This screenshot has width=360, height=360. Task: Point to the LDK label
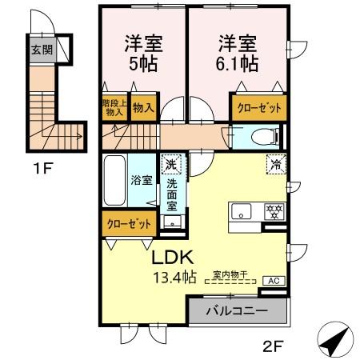tap(171, 259)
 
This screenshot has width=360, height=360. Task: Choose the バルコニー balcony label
tap(237, 310)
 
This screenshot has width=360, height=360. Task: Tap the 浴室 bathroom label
tap(142, 180)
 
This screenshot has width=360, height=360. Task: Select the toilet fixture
tap(262, 137)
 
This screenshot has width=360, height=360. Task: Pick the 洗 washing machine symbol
tap(170, 166)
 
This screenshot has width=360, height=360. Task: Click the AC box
tap(272, 281)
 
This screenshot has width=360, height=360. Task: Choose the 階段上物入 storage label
tap(114, 107)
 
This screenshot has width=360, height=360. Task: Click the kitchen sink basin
tap(242, 212)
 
